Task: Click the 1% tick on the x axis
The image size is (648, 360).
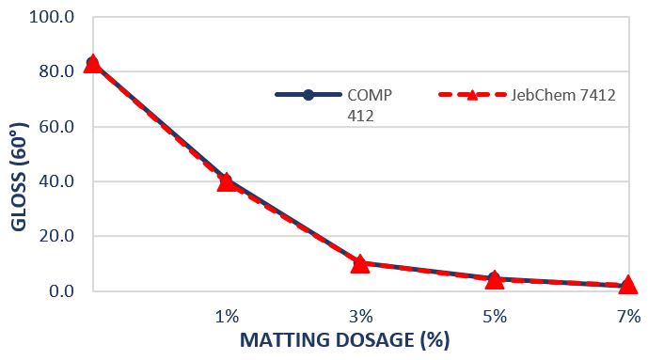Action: click(x=227, y=315)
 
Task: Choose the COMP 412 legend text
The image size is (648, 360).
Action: click(x=368, y=104)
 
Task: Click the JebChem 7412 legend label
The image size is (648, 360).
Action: click(x=561, y=95)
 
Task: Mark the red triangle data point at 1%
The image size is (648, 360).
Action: click(x=227, y=181)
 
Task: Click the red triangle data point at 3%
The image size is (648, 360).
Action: click(x=360, y=263)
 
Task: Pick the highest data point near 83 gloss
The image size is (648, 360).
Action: click(x=92, y=63)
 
